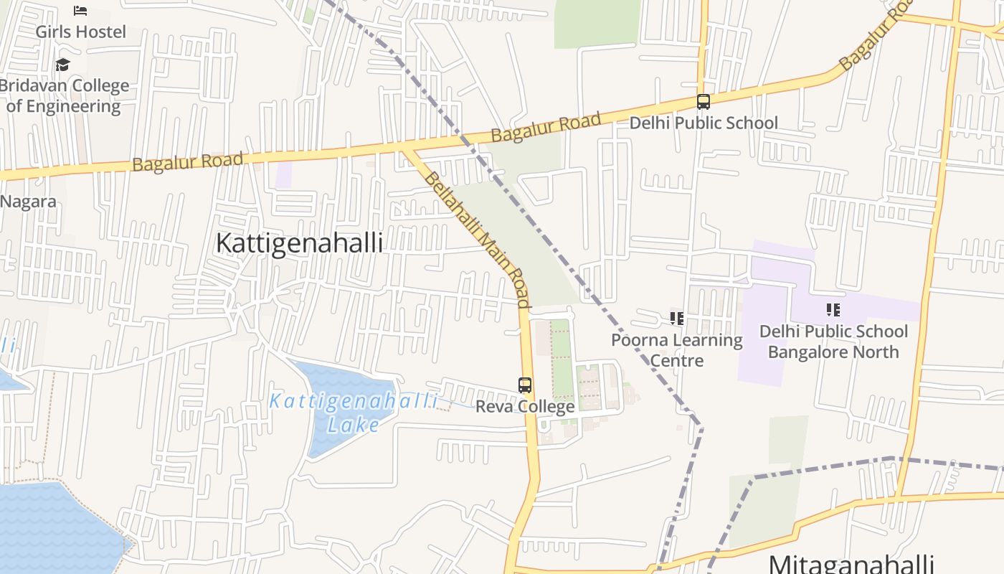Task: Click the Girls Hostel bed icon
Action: pyautogui.click(x=80, y=10)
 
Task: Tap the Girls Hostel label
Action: pyautogui.click(x=80, y=32)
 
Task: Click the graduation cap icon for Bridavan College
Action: pyautogui.click(x=63, y=65)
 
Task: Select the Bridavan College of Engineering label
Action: pyautogui.click(x=64, y=95)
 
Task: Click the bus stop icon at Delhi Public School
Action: pyautogui.click(x=704, y=102)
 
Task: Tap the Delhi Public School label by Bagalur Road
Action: pyautogui.click(x=703, y=123)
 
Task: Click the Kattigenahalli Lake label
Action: pyautogui.click(x=353, y=413)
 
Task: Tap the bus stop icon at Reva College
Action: pyautogui.click(x=525, y=385)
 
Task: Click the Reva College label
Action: pyautogui.click(x=525, y=407)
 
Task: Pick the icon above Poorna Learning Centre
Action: pyautogui.click(x=676, y=318)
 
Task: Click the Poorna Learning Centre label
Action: pyautogui.click(x=676, y=349)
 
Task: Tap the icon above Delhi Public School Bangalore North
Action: pyautogui.click(x=833, y=310)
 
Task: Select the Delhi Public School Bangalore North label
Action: pyautogui.click(x=833, y=342)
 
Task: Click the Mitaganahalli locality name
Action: pyautogui.click(x=851, y=563)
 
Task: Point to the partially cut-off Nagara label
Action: pyautogui.click(x=27, y=201)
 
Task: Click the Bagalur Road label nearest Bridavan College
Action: pyautogui.click(x=187, y=161)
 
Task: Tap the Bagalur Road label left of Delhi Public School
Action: pyautogui.click(x=546, y=127)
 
